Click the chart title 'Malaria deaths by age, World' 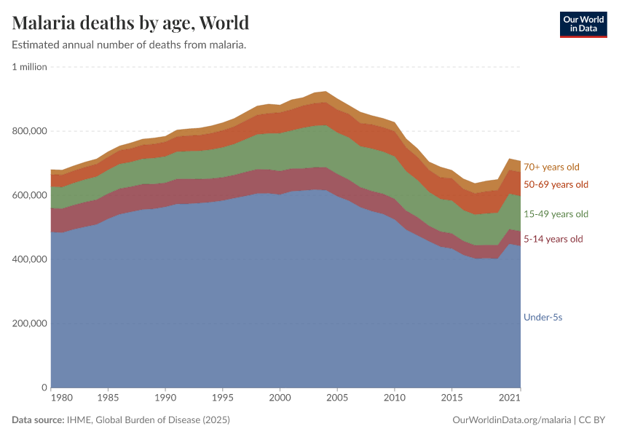[x=130, y=23]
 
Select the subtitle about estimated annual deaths [x=129, y=45]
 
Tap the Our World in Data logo [x=583, y=24]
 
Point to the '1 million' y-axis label [x=29, y=67]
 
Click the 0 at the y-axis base [x=44, y=387]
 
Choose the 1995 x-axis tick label [x=222, y=399]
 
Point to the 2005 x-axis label [x=336, y=399]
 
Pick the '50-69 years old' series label [x=556, y=184]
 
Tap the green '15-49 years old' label [x=556, y=214]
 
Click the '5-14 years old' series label [x=553, y=239]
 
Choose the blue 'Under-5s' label [x=543, y=317]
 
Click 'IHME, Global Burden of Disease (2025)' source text [x=152, y=420]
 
